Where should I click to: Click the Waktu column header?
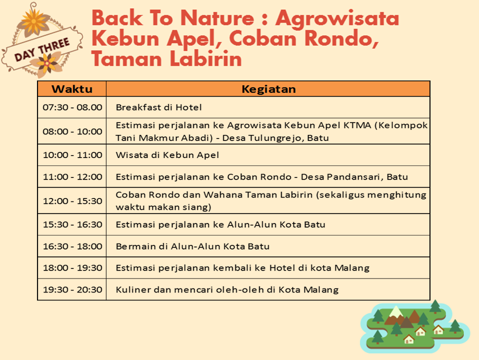[x=72, y=89]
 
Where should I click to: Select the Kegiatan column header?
[x=268, y=89]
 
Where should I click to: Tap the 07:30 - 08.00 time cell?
[x=72, y=107]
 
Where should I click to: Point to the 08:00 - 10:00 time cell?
[x=72, y=131]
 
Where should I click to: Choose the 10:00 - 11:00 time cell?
[x=72, y=155]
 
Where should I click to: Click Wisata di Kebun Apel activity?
[x=167, y=155]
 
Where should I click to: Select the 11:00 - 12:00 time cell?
[x=72, y=176]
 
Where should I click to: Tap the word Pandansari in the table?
[x=358, y=176]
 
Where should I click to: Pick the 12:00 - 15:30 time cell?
[x=72, y=200]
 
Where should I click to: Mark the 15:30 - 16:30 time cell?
[x=72, y=224]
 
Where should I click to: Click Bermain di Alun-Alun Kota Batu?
[x=192, y=246]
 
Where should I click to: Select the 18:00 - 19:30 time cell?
[x=72, y=267]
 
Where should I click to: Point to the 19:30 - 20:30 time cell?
[x=72, y=289]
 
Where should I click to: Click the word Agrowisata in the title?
[x=337, y=18]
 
